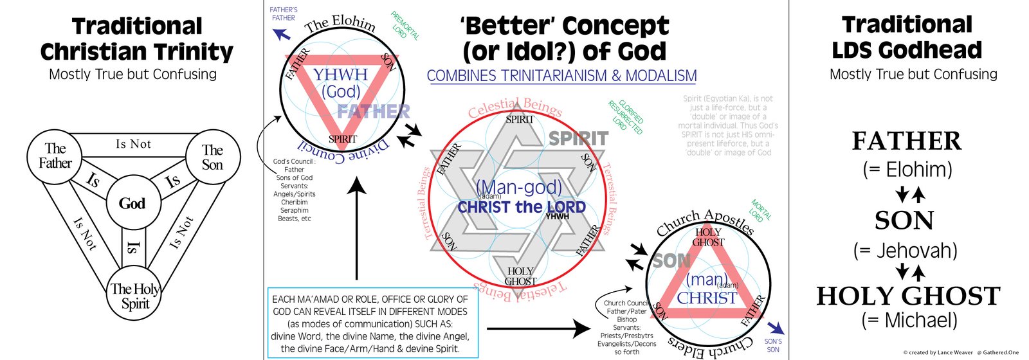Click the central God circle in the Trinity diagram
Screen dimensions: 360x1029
(132, 203)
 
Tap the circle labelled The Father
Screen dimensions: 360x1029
(55, 156)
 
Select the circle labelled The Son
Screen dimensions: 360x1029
(212, 157)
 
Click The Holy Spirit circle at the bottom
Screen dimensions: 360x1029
(134, 296)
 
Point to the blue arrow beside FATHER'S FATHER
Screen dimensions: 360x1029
(281, 33)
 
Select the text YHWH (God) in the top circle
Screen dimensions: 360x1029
(341, 83)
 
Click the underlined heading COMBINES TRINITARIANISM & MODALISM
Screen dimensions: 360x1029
(561, 76)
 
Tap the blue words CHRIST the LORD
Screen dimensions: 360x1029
(522, 207)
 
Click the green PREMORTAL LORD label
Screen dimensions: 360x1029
(405, 25)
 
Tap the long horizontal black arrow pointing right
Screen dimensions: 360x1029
(538, 329)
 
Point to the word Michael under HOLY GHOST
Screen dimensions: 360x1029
(920, 319)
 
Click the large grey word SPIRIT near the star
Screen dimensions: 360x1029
(578, 138)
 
